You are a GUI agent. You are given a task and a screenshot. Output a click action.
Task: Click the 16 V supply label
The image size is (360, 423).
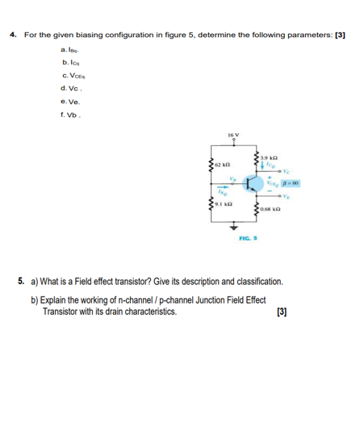coord(235,135)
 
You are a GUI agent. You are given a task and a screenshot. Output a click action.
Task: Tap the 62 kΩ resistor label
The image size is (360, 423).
coord(223,165)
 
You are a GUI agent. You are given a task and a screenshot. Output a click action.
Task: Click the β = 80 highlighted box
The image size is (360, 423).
coord(290,182)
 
